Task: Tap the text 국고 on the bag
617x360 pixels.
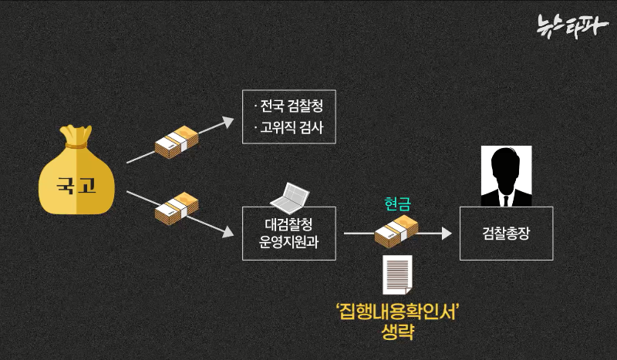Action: (x=76, y=186)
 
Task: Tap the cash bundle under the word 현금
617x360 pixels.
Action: (x=396, y=229)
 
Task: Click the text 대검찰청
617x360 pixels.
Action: (x=288, y=224)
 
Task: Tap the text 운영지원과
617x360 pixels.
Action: (x=288, y=241)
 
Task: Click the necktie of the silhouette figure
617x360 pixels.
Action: (x=505, y=199)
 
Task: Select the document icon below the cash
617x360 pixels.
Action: (x=397, y=274)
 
